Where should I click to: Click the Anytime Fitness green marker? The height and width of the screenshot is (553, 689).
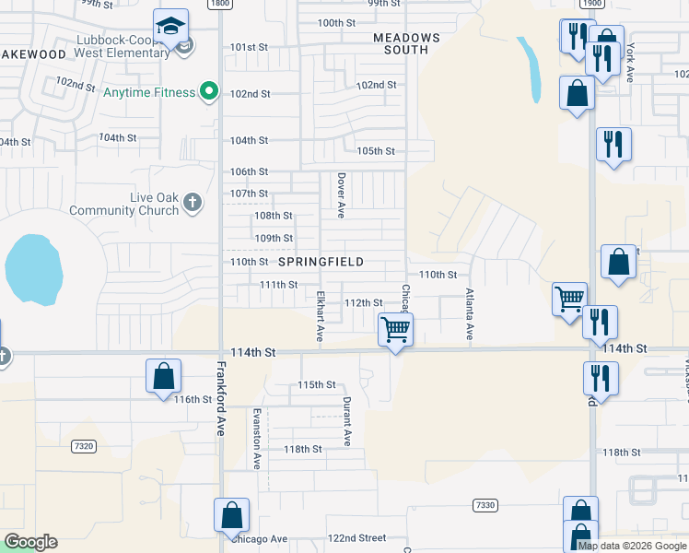(209, 92)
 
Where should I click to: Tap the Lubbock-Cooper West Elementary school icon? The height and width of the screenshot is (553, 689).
(170, 27)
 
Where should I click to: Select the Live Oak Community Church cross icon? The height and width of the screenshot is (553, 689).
(192, 203)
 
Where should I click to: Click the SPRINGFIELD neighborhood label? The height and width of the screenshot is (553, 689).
(321, 262)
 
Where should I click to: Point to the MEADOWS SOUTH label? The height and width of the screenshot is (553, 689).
(406, 43)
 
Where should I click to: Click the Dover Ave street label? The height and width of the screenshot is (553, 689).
(341, 195)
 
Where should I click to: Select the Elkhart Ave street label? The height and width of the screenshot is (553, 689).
(321, 319)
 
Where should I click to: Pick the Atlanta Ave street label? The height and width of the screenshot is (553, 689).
(469, 315)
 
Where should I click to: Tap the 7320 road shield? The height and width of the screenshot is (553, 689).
(83, 446)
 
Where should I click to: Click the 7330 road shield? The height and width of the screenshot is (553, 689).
(485, 505)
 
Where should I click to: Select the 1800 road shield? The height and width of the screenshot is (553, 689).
(219, 4)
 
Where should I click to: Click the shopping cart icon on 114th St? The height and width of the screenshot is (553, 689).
(395, 328)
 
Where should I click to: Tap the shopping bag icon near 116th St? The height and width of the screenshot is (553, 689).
(163, 376)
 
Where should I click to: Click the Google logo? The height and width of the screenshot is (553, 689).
(30, 542)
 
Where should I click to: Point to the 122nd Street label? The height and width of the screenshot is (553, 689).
(358, 537)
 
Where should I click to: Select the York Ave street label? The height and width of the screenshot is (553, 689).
(631, 62)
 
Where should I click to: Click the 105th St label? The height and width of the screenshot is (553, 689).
(376, 151)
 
